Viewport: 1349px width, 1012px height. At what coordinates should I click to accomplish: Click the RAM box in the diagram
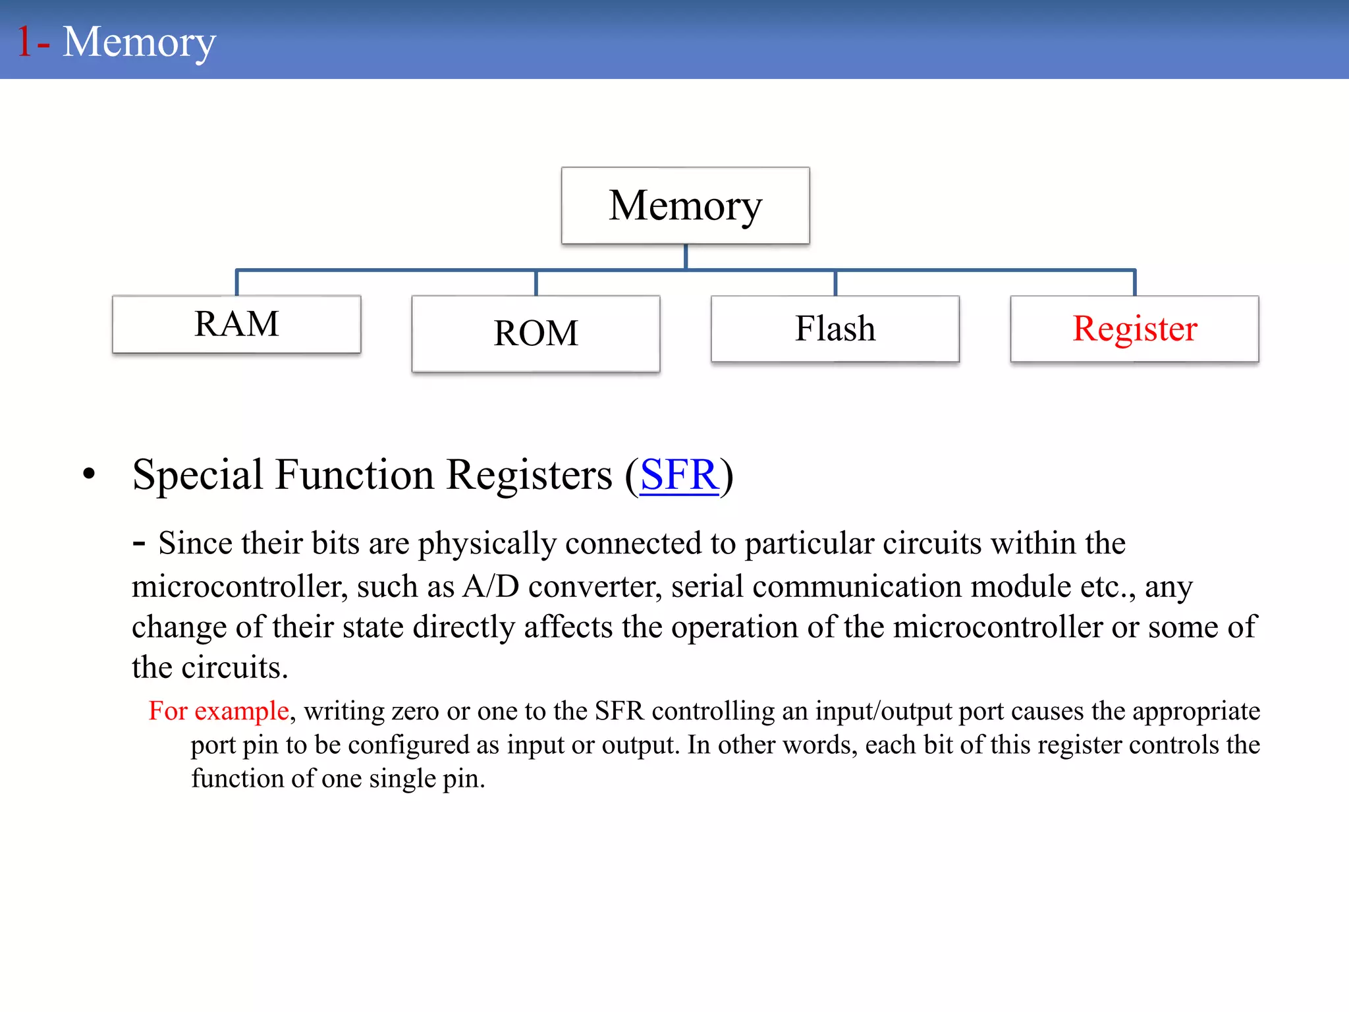pyautogui.click(x=236, y=324)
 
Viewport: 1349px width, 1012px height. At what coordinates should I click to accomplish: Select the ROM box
pyautogui.click(x=536, y=333)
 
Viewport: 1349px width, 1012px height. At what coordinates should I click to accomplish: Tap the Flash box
pyautogui.click(x=835, y=329)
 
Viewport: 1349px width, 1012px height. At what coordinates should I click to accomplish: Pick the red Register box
pyautogui.click(x=1134, y=329)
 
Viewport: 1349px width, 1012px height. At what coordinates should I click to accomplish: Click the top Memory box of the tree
pyautogui.click(x=685, y=206)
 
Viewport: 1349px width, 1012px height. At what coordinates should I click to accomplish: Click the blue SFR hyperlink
pyautogui.click(x=678, y=474)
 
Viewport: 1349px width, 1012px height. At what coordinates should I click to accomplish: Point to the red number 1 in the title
pyautogui.click(x=24, y=42)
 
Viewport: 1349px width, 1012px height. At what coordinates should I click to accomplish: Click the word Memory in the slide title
pyautogui.click(x=139, y=42)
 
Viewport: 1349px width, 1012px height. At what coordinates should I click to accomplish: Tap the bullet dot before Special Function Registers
pyautogui.click(x=89, y=474)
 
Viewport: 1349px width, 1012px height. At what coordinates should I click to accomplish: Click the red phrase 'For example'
pyautogui.click(x=219, y=711)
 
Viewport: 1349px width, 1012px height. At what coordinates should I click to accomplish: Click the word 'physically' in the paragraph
pyautogui.click(x=487, y=544)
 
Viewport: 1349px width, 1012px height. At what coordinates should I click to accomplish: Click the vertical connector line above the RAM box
pyautogui.click(x=237, y=283)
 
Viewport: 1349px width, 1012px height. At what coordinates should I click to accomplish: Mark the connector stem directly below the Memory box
pyautogui.click(x=686, y=256)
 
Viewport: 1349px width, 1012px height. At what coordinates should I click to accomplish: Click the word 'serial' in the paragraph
pyautogui.click(x=707, y=586)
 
